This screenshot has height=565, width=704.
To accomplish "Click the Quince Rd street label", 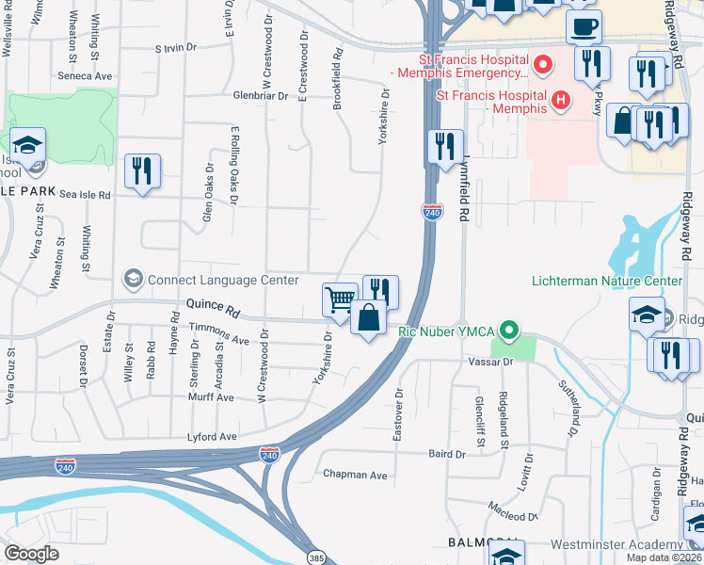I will point(214,306).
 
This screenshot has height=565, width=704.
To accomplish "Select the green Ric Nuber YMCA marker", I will point(509,331).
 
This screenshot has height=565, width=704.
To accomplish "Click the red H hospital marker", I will point(561,98).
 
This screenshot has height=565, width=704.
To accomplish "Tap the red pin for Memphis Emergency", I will point(541,65).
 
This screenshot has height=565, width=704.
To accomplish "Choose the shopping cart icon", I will point(340,300).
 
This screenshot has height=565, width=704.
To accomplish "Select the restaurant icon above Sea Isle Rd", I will point(142,171).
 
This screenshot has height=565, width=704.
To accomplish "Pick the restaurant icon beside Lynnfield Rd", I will point(445,147).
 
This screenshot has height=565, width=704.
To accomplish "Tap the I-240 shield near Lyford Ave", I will point(269,455).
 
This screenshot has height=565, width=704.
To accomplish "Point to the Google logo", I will point(31,554).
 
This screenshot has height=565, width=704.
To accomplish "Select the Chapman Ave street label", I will point(355,476).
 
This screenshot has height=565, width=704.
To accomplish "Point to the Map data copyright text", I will point(664,557).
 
